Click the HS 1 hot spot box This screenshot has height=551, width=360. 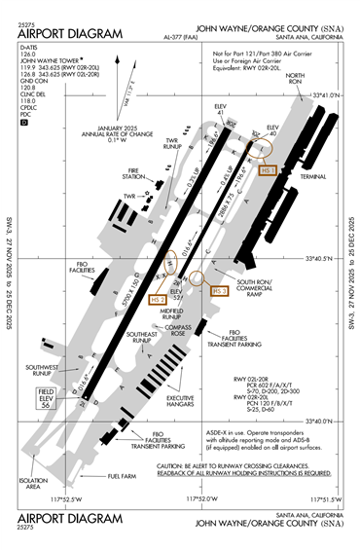click(x=270, y=170)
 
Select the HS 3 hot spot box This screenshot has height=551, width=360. click(x=219, y=290)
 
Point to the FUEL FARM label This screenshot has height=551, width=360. click(x=122, y=476)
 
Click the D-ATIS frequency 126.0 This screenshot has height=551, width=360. click(x=28, y=55)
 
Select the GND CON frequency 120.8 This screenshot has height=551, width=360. click(x=28, y=98)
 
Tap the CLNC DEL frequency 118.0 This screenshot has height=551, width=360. click(x=28, y=113)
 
